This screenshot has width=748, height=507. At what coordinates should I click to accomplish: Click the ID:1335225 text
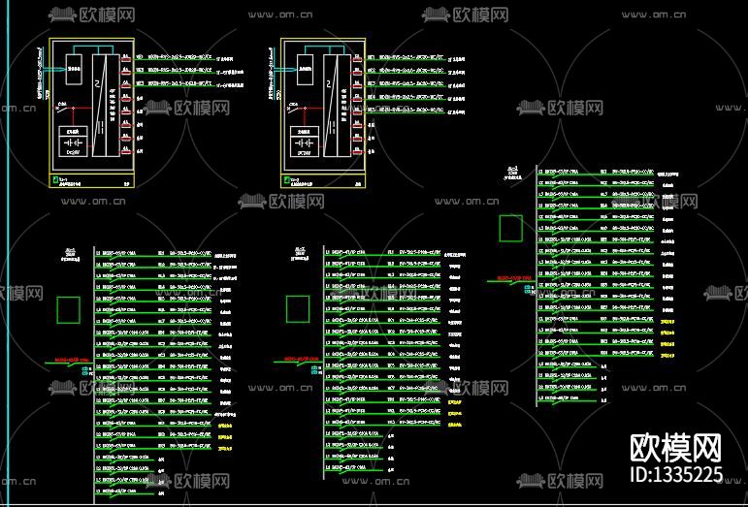676,475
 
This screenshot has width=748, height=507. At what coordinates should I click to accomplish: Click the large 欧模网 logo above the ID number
676,448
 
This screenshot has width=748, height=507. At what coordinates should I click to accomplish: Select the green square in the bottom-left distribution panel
68,309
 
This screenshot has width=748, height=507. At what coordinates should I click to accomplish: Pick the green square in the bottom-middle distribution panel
298,308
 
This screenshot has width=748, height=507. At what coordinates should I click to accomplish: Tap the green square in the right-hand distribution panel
509,228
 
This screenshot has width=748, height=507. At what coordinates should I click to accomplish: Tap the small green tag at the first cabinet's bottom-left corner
53,179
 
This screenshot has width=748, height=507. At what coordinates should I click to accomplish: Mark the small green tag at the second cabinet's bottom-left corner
285,179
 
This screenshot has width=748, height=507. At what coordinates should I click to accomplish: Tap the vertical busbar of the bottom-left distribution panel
93,368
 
